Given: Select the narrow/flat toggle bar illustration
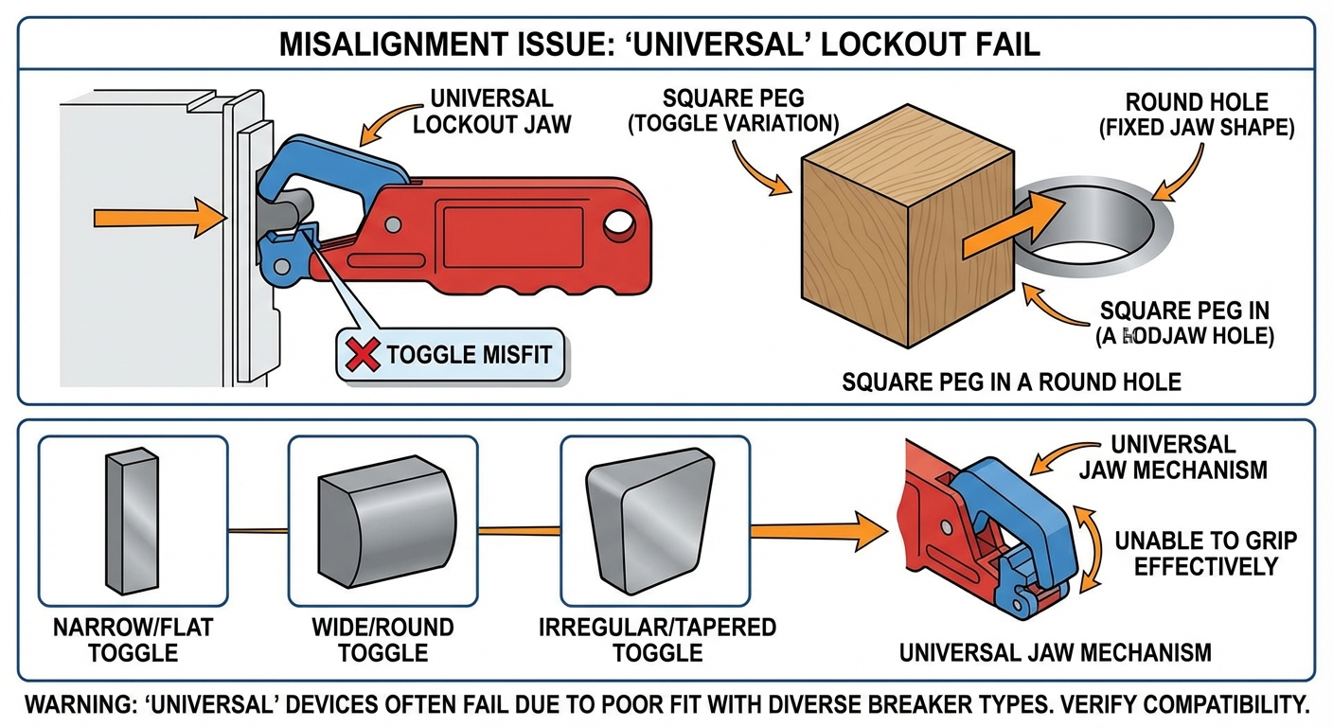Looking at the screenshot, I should click(131, 520).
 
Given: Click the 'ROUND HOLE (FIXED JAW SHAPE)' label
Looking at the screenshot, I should click(1197, 115).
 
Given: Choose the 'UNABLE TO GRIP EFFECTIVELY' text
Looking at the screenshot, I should click(1205, 554).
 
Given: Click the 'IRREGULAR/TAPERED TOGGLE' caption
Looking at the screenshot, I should click(657, 640).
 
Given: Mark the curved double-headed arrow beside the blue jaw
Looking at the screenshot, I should click(1097, 548).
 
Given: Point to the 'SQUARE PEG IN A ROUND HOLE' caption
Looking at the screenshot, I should click(1011, 382).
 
